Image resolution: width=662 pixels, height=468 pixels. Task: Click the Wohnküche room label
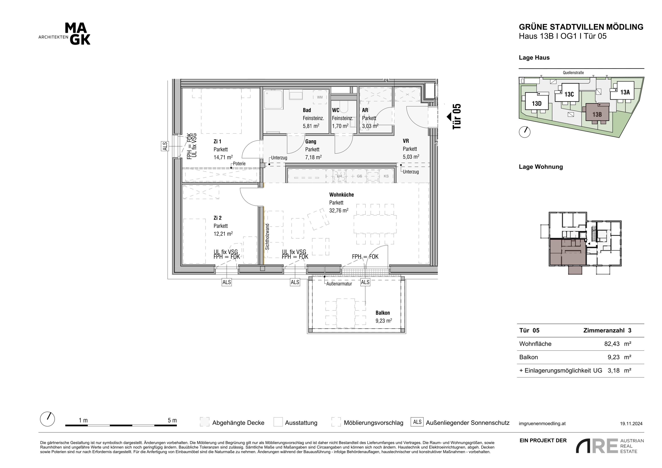(341, 195)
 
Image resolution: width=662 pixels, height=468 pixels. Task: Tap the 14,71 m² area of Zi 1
(223, 157)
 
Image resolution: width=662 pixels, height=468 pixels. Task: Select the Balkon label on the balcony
(383, 313)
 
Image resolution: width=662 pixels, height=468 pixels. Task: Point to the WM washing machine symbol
(320, 97)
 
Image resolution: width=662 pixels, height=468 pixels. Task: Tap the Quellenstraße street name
(573, 73)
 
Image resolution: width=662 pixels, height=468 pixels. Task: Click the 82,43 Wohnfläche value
(612, 344)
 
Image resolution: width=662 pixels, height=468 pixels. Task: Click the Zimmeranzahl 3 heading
(607, 331)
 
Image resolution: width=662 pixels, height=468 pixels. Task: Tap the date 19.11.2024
(631, 424)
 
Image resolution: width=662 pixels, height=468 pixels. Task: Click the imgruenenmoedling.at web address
(542, 424)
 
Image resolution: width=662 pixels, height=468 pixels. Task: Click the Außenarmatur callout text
(339, 284)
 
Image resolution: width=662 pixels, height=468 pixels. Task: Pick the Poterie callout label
(239, 164)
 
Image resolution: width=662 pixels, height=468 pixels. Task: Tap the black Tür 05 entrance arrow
(449, 117)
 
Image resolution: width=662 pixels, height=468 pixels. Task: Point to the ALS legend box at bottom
(417, 422)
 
